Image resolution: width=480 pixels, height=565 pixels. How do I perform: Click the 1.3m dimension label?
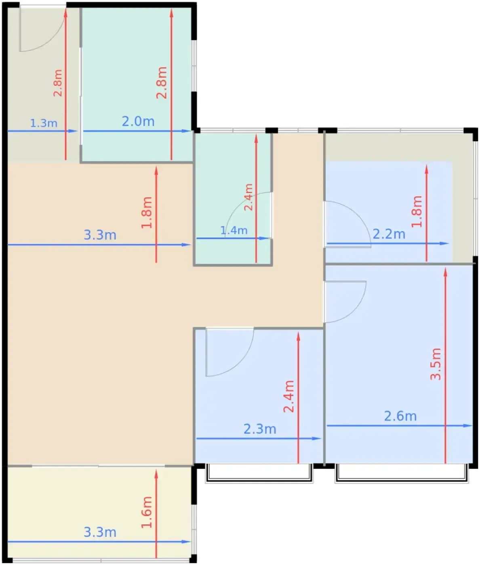pos(44,123)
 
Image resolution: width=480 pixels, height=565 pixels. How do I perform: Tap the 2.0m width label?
pos(138,121)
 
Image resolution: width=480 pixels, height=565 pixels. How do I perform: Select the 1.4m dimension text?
pos(234,230)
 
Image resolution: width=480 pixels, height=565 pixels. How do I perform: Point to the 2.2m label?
pos(389,234)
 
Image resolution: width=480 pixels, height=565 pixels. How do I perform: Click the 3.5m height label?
pos(436,364)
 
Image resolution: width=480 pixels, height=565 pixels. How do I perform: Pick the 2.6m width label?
pos(400,416)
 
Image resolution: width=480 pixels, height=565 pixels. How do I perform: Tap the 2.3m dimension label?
pos(260,429)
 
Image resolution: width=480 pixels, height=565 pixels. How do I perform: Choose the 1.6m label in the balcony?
pos(147,512)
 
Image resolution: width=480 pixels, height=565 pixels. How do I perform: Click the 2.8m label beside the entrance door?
pos(58,83)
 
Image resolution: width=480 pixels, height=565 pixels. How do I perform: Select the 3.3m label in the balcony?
pos(100,532)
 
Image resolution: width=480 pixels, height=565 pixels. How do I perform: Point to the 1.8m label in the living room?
pos(147,212)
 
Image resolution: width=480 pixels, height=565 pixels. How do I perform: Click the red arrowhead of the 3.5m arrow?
pos(445,272)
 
